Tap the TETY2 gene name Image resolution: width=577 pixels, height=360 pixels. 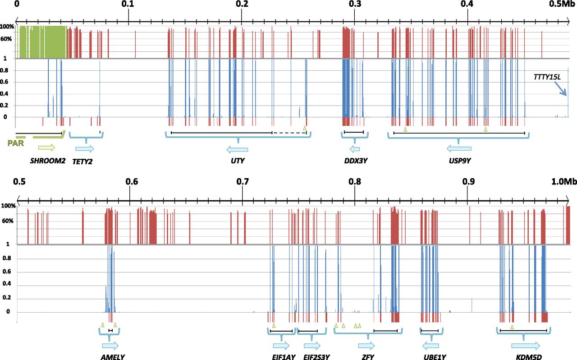tap(82, 161)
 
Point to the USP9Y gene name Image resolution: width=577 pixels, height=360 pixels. tap(459, 161)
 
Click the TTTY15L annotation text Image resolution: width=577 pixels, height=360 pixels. tap(547, 77)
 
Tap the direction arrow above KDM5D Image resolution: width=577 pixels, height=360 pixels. tap(525, 346)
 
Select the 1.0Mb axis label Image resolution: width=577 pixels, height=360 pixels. tap(564, 182)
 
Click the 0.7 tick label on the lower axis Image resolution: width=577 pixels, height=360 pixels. tap(243, 182)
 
